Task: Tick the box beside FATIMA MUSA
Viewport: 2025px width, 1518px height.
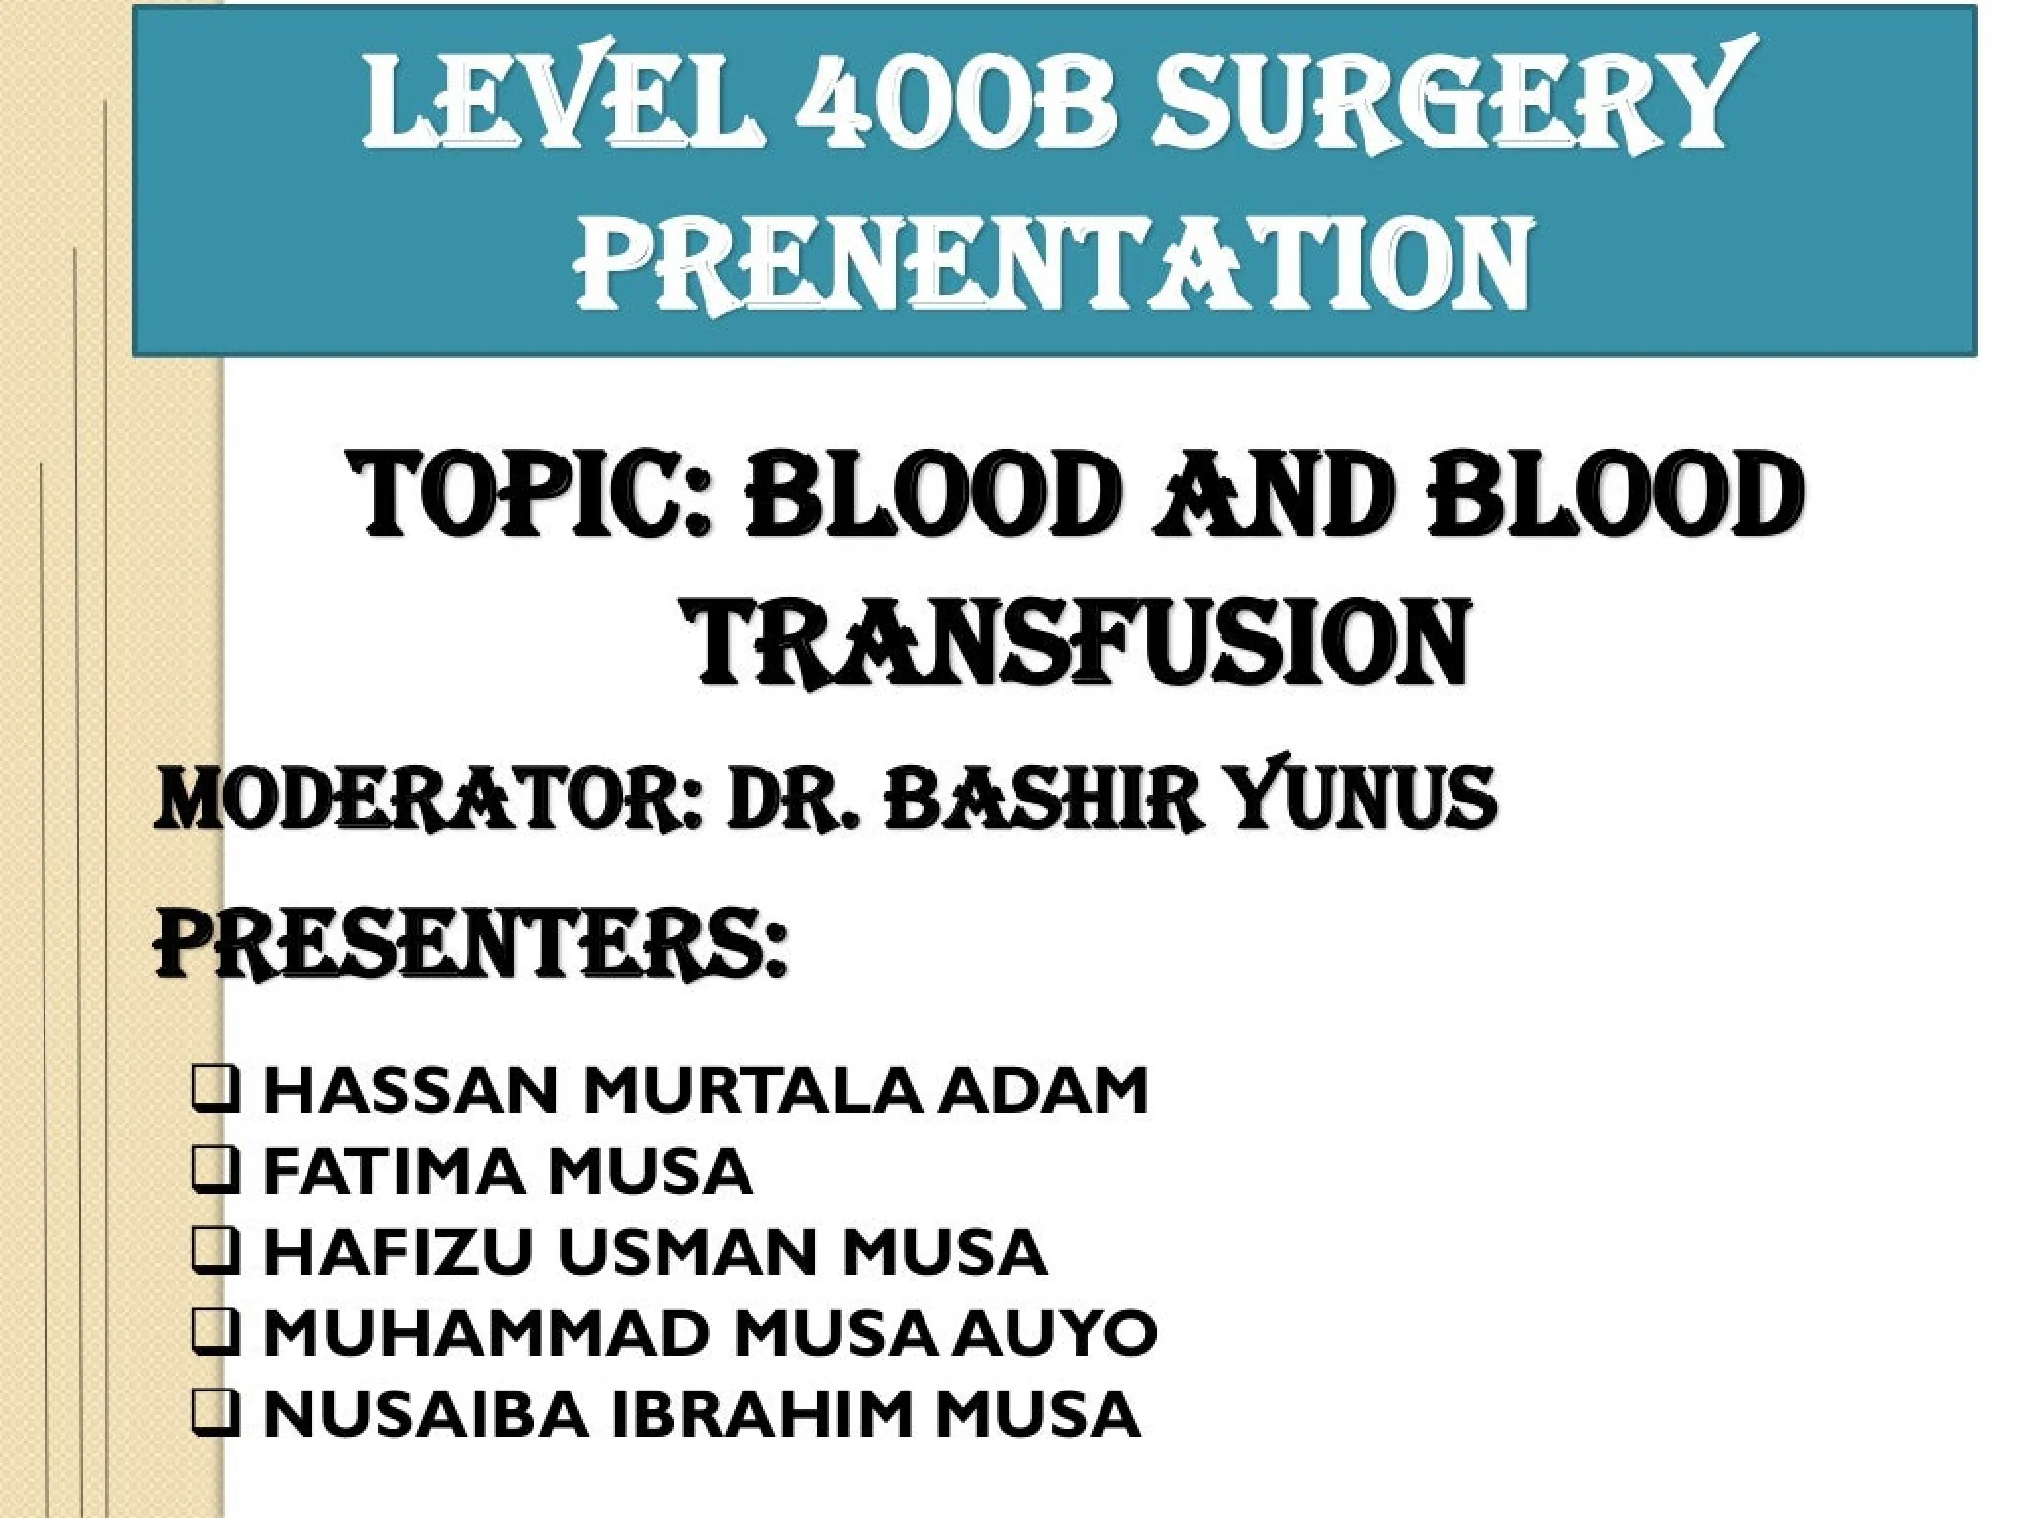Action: tap(215, 1170)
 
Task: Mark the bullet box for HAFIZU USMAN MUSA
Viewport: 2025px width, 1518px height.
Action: tap(215, 1251)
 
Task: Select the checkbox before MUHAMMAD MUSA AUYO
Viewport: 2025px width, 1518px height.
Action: tap(215, 1332)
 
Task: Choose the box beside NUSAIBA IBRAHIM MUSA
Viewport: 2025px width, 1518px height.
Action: tap(215, 1413)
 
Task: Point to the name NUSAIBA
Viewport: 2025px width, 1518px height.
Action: tap(427, 1414)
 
